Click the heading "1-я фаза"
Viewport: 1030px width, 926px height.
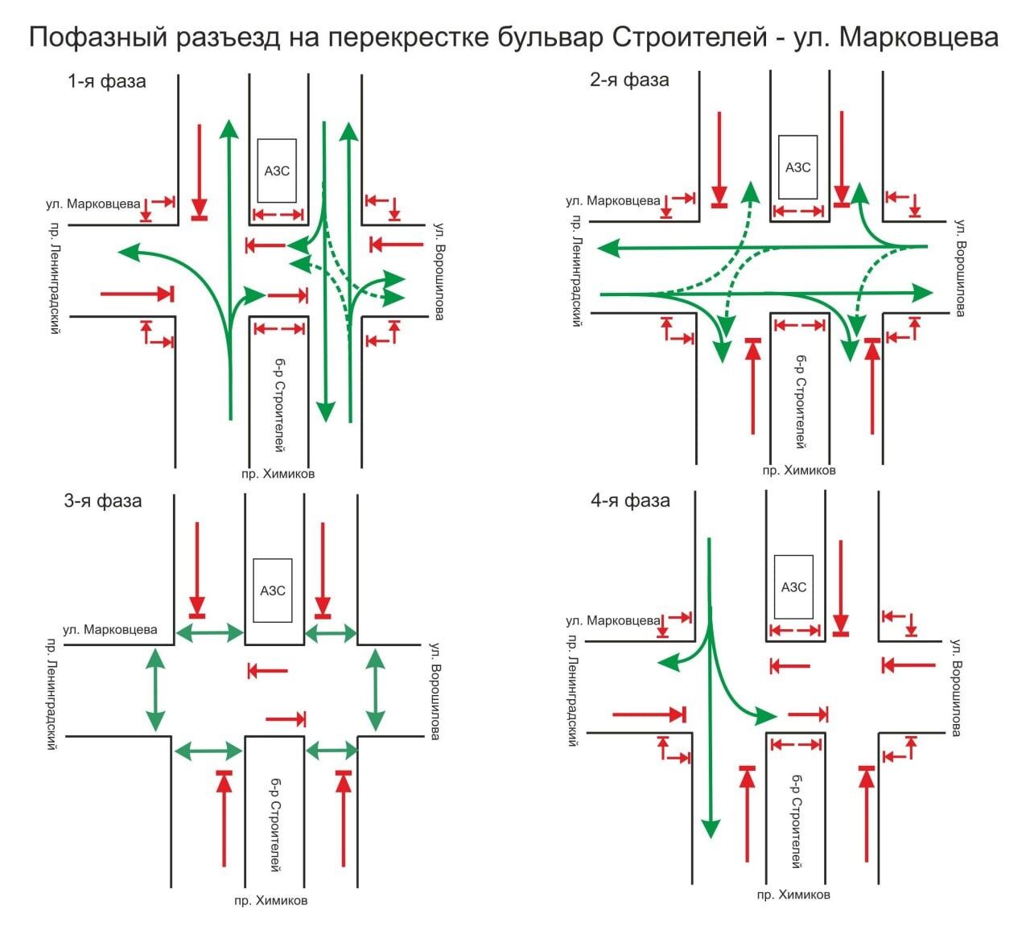coord(107,81)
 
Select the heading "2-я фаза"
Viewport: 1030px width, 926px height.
coord(628,80)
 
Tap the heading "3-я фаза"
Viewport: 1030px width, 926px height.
coord(102,501)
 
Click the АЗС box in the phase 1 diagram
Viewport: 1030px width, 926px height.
coord(277,171)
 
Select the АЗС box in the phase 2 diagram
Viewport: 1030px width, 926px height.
coord(797,167)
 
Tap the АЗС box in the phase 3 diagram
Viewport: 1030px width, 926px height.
coord(273,591)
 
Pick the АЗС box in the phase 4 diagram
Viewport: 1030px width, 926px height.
coord(793,586)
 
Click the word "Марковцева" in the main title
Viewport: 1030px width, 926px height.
coord(919,37)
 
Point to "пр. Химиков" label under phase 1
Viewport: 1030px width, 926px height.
coord(278,474)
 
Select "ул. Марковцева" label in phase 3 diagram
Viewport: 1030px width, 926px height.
coord(110,629)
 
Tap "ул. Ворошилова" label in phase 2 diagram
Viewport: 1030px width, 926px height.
coord(960,267)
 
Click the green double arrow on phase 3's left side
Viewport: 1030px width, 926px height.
coord(154,690)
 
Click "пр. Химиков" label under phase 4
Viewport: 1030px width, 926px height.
coord(793,895)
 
